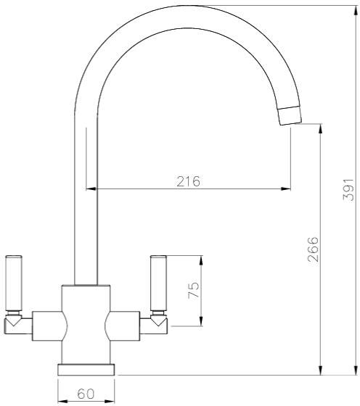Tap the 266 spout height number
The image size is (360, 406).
click(x=312, y=249)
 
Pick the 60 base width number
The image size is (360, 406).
click(x=86, y=394)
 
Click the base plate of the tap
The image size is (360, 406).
click(x=86, y=370)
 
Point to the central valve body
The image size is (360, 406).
click(x=86, y=323)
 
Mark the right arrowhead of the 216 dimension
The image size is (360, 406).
click(x=286, y=190)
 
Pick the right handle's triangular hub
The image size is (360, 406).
click(x=158, y=320)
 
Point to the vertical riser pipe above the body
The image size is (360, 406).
click(x=86, y=217)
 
